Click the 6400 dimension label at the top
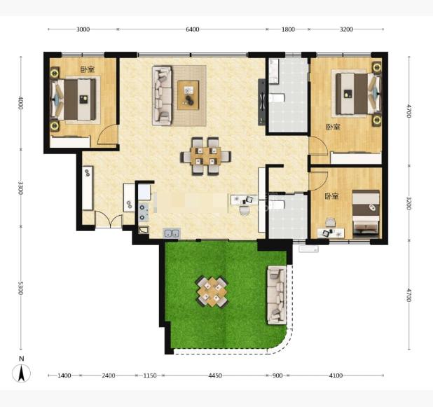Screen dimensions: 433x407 click(x=192, y=29)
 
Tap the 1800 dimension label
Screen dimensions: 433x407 click(x=288, y=29)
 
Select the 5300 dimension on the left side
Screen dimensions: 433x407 click(x=20, y=288)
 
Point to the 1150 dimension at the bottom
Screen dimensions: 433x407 click(x=150, y=375)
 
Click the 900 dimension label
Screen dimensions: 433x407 click(x=277, y=375)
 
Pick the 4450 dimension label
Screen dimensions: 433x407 click(x=215, y=375)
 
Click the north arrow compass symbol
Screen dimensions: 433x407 click(x=21, y=371)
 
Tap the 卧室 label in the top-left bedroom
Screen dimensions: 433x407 click(x=88, y=69)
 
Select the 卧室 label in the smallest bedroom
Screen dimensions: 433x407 click(x=331, y=196)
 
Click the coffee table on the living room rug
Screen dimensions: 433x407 click(x=188, y=95)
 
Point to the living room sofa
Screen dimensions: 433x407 click(x=162, y=95)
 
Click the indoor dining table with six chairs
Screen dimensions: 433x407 click(x=206, y=156)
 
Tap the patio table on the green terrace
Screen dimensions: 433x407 click(x=212, y=291)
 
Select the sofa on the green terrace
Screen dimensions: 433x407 click(x=277, y=295)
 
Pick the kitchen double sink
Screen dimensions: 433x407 click(x=172, y=233)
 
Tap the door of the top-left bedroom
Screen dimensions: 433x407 click(x=107, y=134)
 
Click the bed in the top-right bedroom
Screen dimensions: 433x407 click(x=358, y=94)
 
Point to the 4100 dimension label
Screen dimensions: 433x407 click(x=336, y=375)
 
